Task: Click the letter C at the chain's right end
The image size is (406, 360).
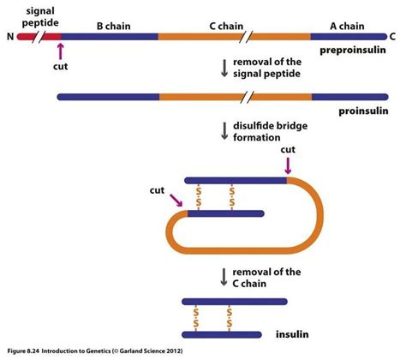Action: click(392, 37)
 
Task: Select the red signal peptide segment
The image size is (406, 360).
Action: click(51, 37)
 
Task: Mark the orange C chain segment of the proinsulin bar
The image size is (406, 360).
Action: click(236, 96)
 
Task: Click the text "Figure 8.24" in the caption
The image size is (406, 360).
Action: click(26, 351)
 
